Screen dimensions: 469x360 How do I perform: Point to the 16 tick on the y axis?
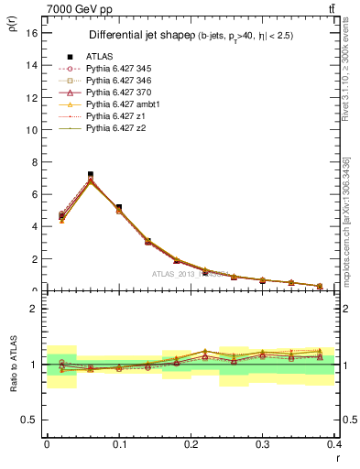31,33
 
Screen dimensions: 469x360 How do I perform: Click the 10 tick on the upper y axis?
31,130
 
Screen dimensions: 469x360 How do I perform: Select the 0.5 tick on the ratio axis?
29,420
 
